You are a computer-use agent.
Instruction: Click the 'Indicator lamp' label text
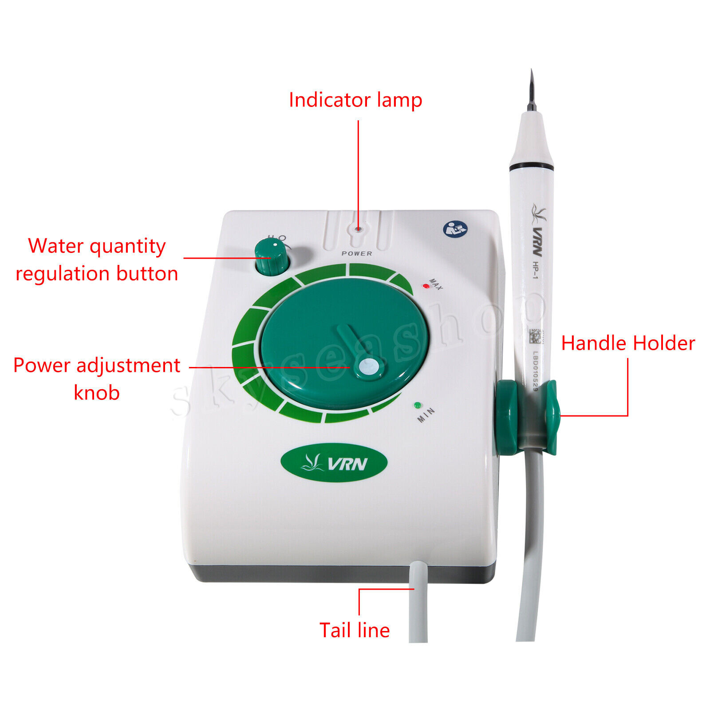tap(355, 100)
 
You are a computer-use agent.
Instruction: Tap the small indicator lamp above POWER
tap(358, 229)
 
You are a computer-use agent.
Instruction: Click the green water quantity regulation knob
tap(271, 257)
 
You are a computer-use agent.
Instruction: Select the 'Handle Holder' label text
tap(627, 343)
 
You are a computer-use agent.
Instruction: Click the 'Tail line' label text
tap(354, 631)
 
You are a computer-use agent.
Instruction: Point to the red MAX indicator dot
tap(426, 286)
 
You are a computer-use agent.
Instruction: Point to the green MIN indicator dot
tap(417, 405)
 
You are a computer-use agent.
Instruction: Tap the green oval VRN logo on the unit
tap(334, 463)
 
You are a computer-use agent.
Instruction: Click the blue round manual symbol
tap(455, 229)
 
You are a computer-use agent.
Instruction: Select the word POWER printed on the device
tap(357, 253)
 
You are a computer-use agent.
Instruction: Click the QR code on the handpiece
tap(536, 337)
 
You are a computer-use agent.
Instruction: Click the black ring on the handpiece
tap(531, 167)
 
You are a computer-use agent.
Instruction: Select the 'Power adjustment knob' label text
tap(97, 379)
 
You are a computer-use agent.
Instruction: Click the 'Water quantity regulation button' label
tap(97, 260)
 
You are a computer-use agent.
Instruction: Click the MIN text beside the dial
tap(426, 415)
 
